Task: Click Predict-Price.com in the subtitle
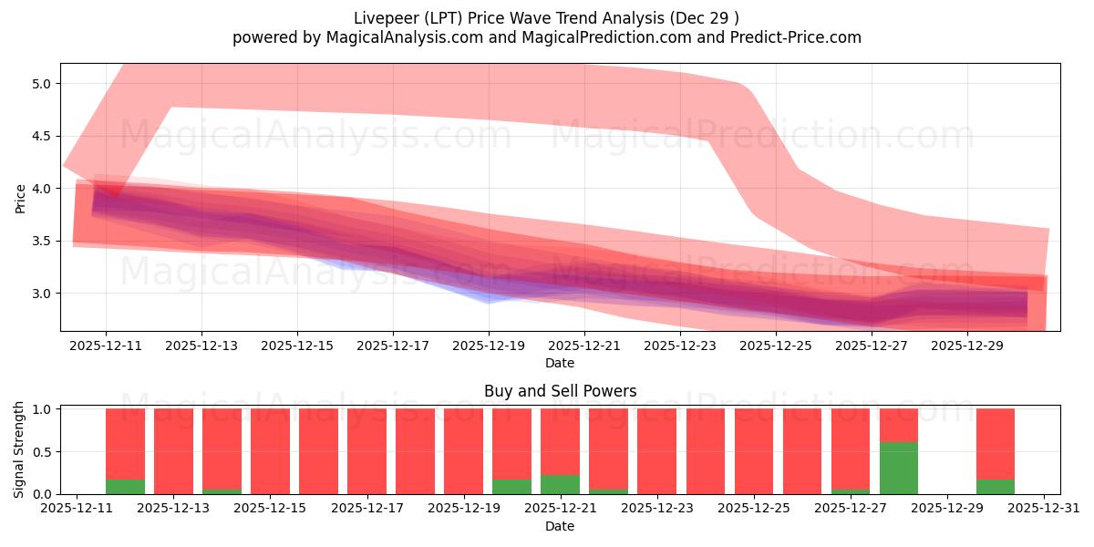pos(791,37)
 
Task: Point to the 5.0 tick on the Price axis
pos(41,84)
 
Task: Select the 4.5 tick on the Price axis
pos(41,136)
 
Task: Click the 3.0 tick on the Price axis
pos(41,294)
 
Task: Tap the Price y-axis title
pos(20,197)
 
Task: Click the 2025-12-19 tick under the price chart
pos(489,346)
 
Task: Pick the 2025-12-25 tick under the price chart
pos(775,346)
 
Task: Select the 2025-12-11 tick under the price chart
pos(106,346)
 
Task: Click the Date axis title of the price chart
pos(559,363)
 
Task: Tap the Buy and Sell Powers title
pos(559,392)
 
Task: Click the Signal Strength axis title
pos(20,449)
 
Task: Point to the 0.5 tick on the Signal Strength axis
pos(41,452)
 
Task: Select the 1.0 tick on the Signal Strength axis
pos(41,409)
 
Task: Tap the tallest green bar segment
pos(899,468)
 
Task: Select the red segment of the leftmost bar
pos(125,443)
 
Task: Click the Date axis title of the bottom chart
pos(559,526)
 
